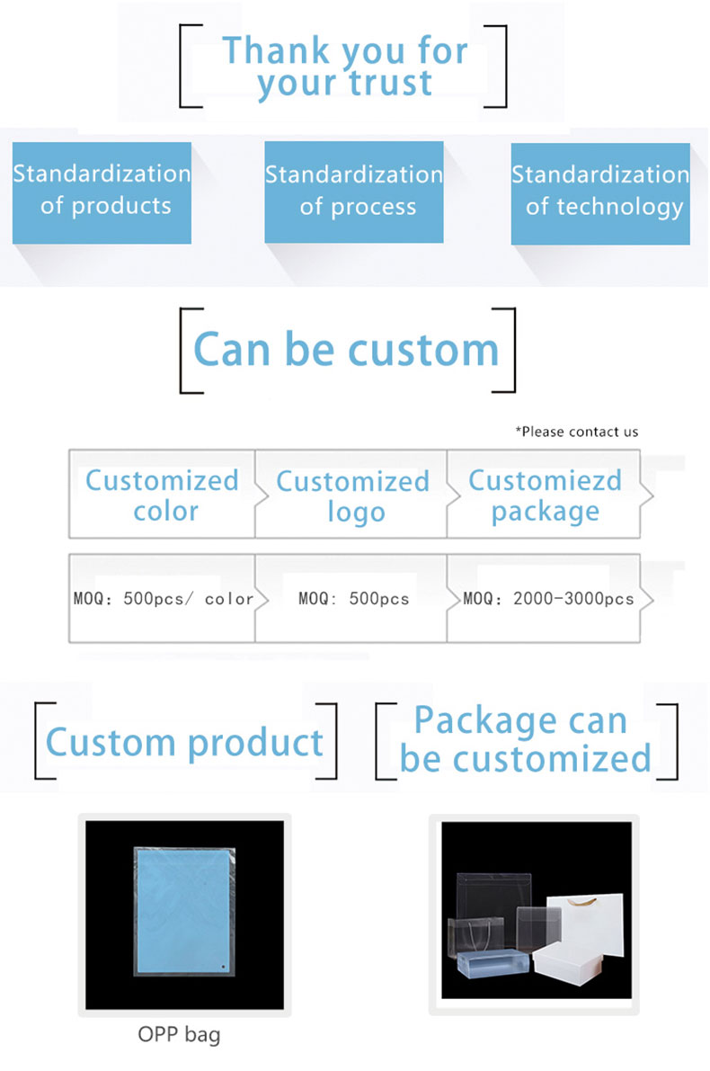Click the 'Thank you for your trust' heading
[x=345, y=67]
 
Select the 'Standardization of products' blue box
[x=102, y=192]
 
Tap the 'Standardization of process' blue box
[x=353, y=192]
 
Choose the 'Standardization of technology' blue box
[x=600, y=193]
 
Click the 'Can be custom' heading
[x=346, y=350]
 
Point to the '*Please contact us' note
[x=577, y=432]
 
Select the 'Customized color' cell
[x=162, y=495]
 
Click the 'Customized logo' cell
[x=351, y=495]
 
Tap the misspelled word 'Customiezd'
[x=545, y=480]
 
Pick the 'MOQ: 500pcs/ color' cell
[x=163, y=598]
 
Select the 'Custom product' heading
[x=184, y=743]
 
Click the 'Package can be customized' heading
[x=525, y=740]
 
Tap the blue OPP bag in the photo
[x=184, y=911]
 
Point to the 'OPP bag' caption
[x=179, y=1034]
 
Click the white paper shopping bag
[x=592, y=924]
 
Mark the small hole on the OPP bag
[x=223, y=967]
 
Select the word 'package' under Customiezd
[x=546, y=513]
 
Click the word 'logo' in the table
[x=356, y=513]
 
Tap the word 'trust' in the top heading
[x=390, y=83]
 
